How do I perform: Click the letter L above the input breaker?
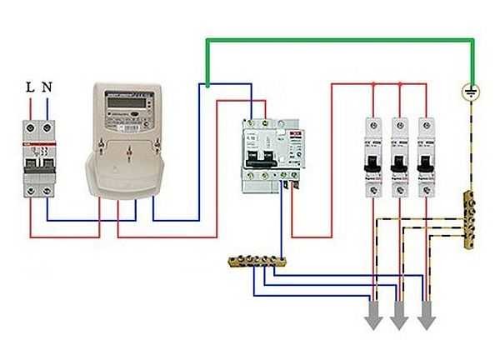(x=31, y=86)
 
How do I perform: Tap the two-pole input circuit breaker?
(x=38, y=157)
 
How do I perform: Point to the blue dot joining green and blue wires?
(x=207, y=83)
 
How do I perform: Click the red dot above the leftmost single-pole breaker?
(x=372, y=83)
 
